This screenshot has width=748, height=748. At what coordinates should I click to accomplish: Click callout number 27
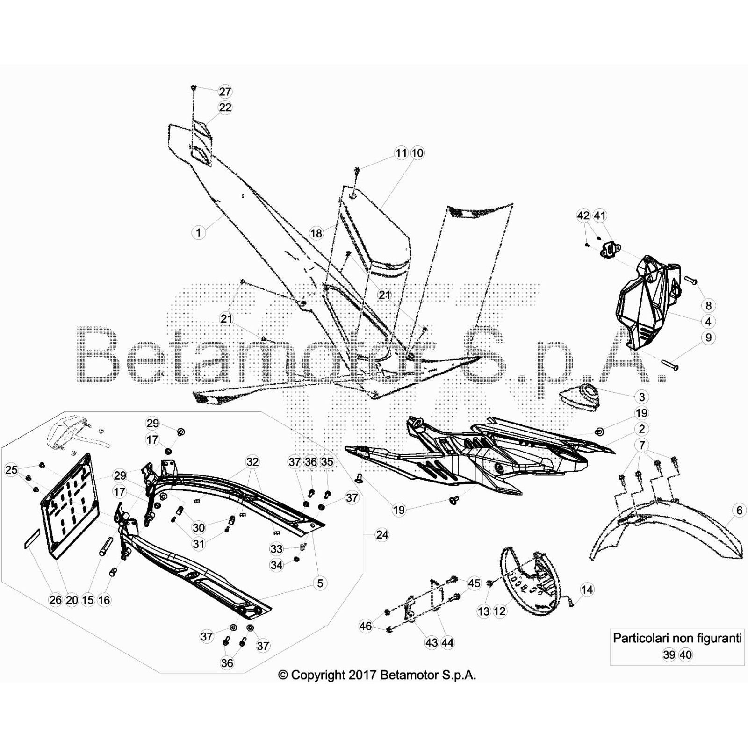[x=225, y=92]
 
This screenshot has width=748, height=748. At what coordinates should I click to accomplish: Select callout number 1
[x=198, y=232]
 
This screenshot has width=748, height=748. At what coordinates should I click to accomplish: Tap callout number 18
[x=316, y=233]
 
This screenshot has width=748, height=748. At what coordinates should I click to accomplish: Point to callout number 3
[x=641, y=397]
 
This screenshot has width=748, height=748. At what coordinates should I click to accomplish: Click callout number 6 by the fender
[x=739, y=510]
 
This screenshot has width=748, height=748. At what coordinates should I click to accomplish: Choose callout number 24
[x=382, y=535]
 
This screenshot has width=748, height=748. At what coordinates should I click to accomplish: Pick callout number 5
[x=320, y=583]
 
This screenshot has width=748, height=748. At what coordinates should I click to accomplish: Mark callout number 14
[x=587, y=590]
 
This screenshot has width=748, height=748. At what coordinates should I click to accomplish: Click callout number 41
[x=599, y=216]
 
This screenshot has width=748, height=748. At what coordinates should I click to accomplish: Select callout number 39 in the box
[x=669, y=655]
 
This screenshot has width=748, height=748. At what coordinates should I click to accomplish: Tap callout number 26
[x=55, y=600]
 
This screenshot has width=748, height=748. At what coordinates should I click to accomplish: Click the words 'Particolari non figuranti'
[x=677, y=638]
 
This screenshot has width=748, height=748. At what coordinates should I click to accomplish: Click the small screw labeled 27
[x=193, y=87]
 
